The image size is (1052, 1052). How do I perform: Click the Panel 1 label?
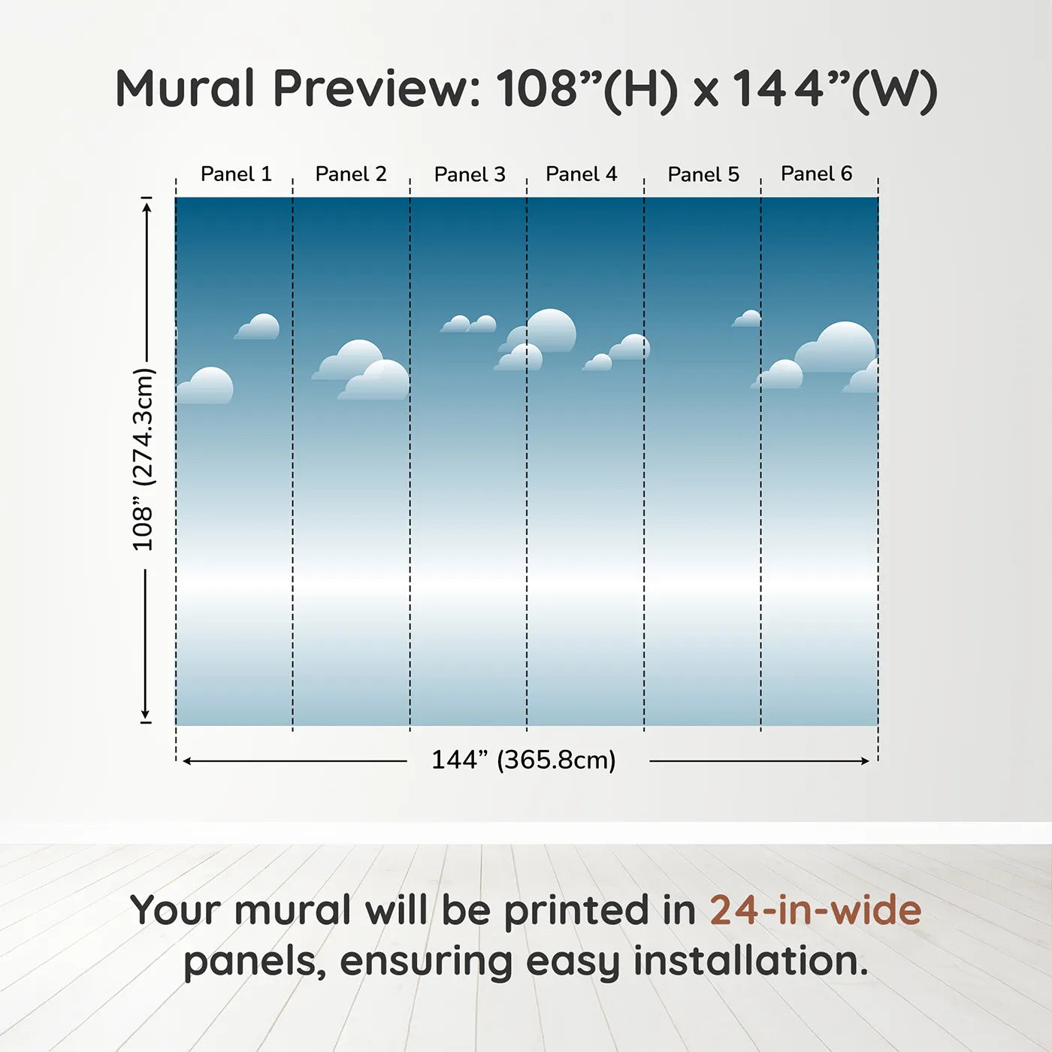click(236, 174)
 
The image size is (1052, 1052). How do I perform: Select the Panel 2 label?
click(351, 174)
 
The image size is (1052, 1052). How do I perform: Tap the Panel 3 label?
click(470, 174)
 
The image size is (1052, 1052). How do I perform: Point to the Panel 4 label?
click(582, 174)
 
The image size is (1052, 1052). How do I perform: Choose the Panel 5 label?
click(703, 174)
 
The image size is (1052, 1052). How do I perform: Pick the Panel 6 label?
click(816, 174)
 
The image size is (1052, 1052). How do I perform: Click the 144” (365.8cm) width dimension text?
click(524, 760)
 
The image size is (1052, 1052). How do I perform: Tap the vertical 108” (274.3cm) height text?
click(144, 459)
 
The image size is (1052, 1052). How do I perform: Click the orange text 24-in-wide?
click(815, 909)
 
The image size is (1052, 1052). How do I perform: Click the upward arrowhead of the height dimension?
click(147, 207)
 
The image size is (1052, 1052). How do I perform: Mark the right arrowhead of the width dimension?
click(865, 761)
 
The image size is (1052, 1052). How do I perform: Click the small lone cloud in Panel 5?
click(746, 319)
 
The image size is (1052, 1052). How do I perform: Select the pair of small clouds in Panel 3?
click(468, 324)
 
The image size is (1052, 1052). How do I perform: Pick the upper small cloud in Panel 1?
click(258, 327)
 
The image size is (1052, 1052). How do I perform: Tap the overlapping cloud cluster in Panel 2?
click(361, 370)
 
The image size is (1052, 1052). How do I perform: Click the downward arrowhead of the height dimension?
click(145, 715)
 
